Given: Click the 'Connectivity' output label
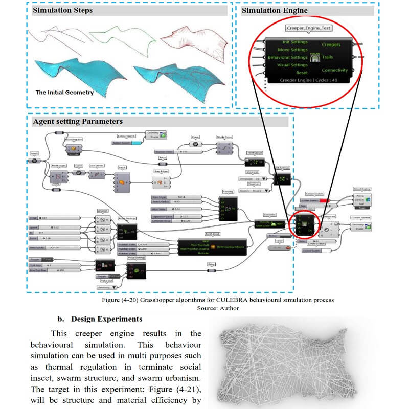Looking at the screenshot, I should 334,70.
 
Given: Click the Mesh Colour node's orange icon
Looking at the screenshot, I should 212,247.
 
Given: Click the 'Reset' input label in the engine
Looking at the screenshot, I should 302,73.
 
